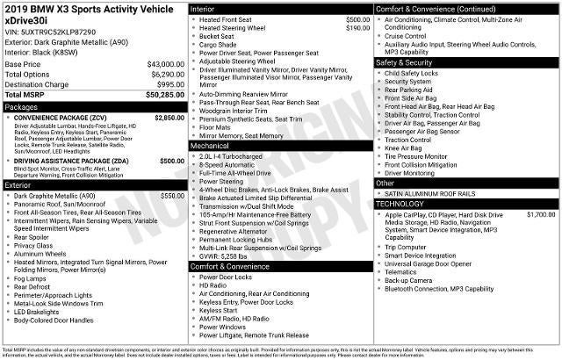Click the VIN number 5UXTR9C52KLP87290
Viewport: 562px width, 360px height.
coord(58,31)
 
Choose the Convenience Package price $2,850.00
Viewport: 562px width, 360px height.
coord(169,117)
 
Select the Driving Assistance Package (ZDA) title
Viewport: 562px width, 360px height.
coord(73,161)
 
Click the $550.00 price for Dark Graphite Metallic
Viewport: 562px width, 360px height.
coord(173,195)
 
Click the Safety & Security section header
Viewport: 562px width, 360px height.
coord(407,62)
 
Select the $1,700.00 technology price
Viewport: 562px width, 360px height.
coord(541,214)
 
